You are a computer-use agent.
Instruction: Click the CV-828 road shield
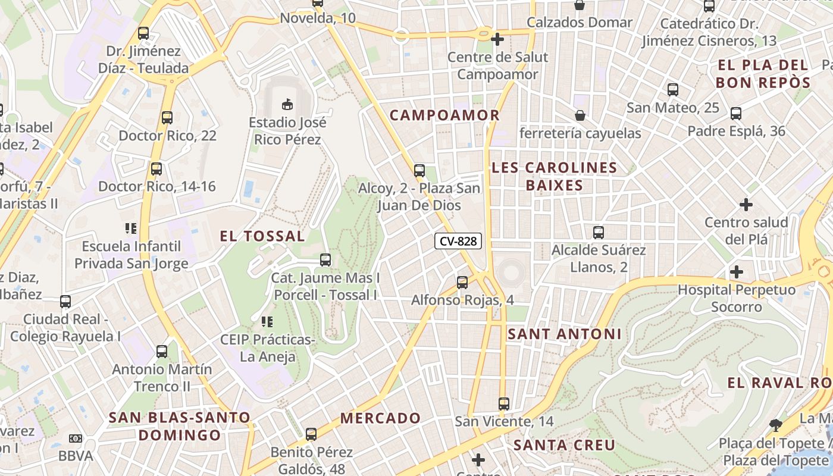click(458, 241)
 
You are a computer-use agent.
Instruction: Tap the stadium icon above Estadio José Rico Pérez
click(287, 105)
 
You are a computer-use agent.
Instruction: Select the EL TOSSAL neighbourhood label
click(262, 236)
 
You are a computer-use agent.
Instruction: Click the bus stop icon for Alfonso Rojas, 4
click(462, 283)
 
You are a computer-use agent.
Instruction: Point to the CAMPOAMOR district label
click(444, 115)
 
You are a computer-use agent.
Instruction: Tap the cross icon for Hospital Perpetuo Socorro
click(737, 272)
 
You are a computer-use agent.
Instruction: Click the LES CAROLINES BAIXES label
click(555, 177)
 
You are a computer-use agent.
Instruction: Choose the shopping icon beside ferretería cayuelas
click(580, 115)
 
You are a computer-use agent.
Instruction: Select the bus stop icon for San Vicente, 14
click(504, 404)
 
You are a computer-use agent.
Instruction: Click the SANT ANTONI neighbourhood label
click(564, 334)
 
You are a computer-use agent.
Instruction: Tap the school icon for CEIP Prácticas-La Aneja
click(267, 322)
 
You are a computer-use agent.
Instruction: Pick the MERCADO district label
click(380, 418)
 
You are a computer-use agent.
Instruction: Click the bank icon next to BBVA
click(76, 439)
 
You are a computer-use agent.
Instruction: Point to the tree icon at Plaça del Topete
click(775, 425)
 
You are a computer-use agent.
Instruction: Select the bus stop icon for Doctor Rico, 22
click(167, 118)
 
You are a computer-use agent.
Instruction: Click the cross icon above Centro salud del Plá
click(746, 205)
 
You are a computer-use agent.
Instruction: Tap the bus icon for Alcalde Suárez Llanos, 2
click(599, 233)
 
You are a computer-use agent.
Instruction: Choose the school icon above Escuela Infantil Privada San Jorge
click(131, 228)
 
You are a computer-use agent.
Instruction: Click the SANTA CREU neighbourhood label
click(564, 445)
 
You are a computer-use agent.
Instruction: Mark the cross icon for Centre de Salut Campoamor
click(497, 40)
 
